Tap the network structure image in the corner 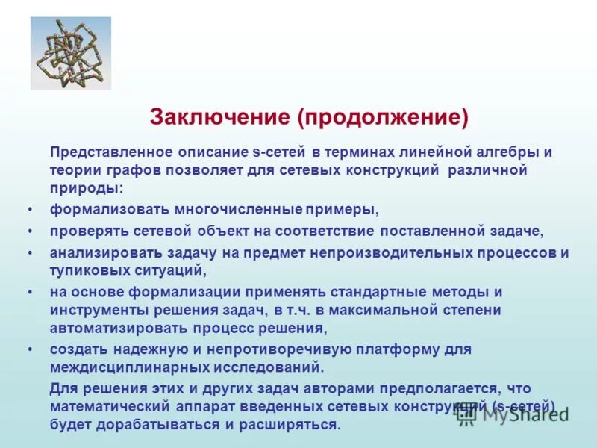[x=71, y=53]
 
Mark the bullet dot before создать [x=29, y=349]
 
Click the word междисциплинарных [x=127, y=367]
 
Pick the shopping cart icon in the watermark [x=467, y=415]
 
